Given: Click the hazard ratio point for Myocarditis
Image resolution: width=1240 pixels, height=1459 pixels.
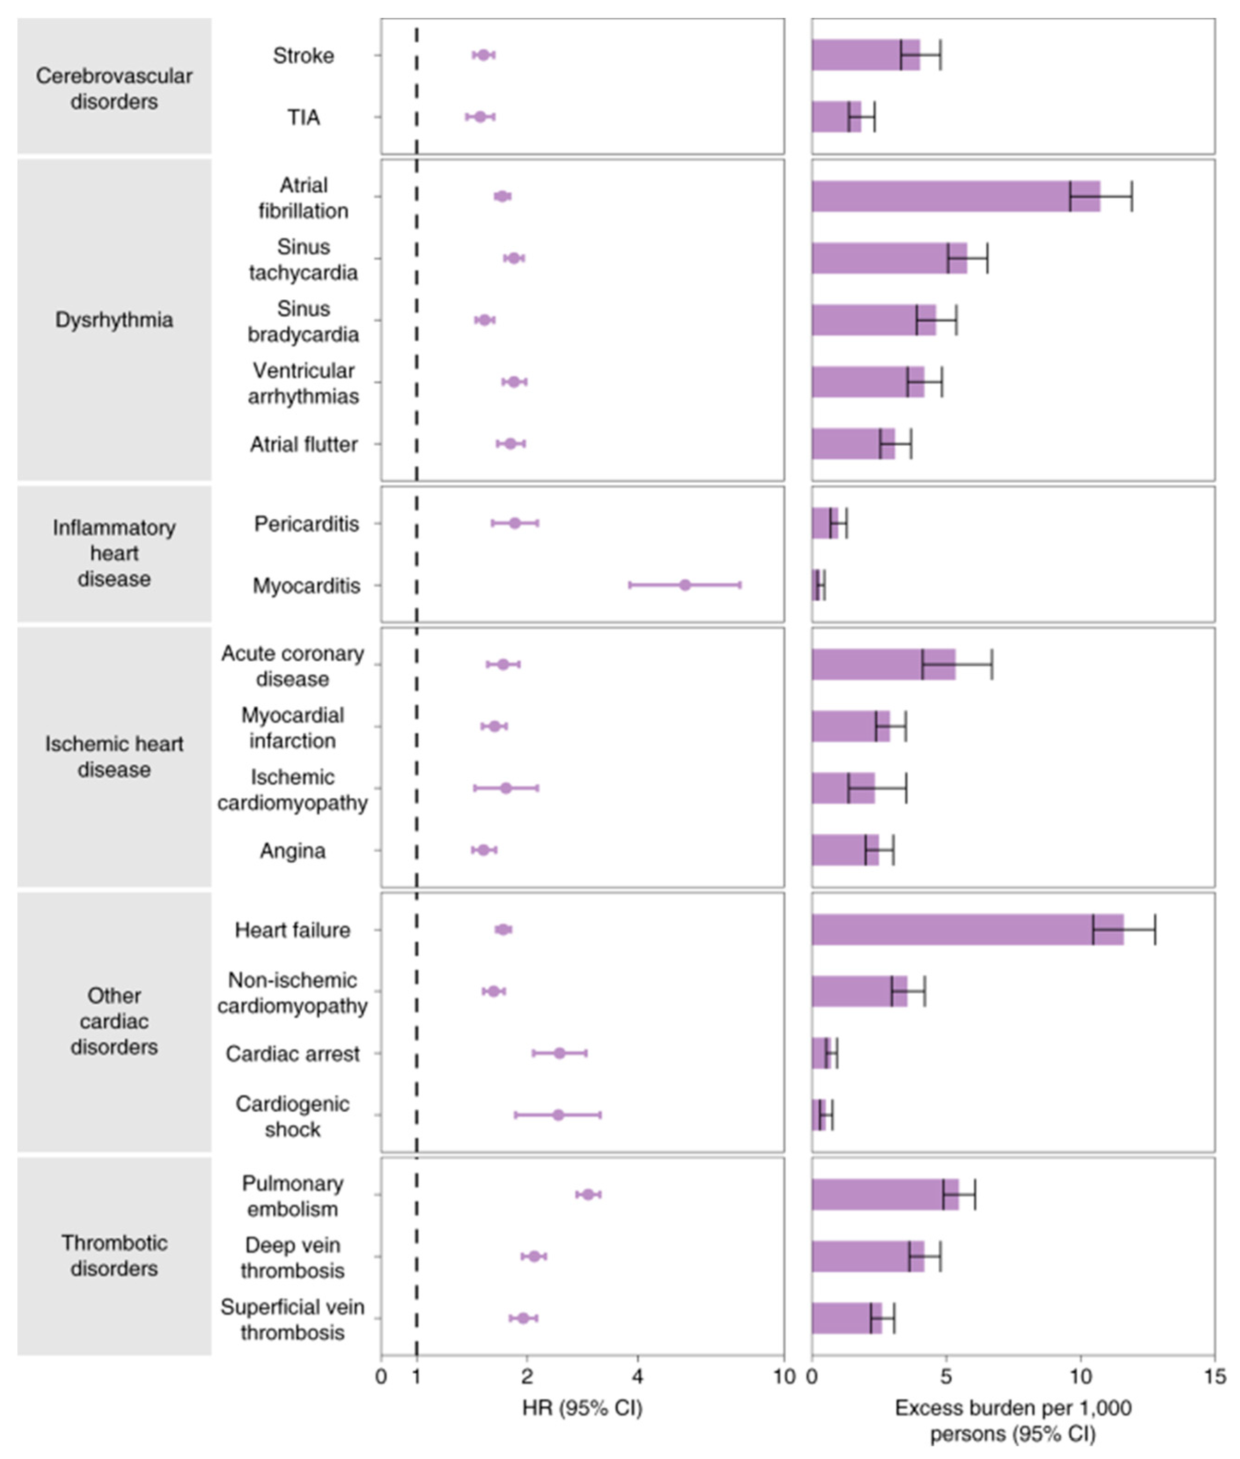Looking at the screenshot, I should pyautogui.click(x=685, y=585).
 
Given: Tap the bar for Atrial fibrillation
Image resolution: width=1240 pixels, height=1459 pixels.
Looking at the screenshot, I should pyautogui.click(x=954, y=196).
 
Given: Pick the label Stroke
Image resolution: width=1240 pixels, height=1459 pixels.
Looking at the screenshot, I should pyautogui.click(x=303, y=55).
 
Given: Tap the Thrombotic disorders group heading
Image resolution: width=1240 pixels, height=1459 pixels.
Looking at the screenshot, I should pyautogui.click(x=114, y=1255).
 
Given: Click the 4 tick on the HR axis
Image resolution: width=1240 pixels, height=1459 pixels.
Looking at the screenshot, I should pyautogui.click(x=638, y=1376).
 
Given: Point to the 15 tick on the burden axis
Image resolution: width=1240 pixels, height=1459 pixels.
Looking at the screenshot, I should pyautogui.click(x=1214, y=1376).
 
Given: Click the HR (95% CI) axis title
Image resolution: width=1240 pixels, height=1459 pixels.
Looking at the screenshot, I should pyautogui.click(x=582, y=1408).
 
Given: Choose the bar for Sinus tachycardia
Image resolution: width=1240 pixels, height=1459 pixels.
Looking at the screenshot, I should pyautogui.click(x=889, y=258).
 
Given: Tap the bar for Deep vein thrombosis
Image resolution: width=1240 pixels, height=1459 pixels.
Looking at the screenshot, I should pyautogui.click(x=867, y=1256).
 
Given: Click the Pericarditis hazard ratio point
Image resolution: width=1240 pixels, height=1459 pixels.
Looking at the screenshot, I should pyautogui.click(x=514, y=523).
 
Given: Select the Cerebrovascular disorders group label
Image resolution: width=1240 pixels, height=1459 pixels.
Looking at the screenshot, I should pyautogui.click(x=114, y=88).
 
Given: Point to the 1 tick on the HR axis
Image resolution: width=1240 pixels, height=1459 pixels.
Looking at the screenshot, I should pyautogui.click(x=417, y=1376).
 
